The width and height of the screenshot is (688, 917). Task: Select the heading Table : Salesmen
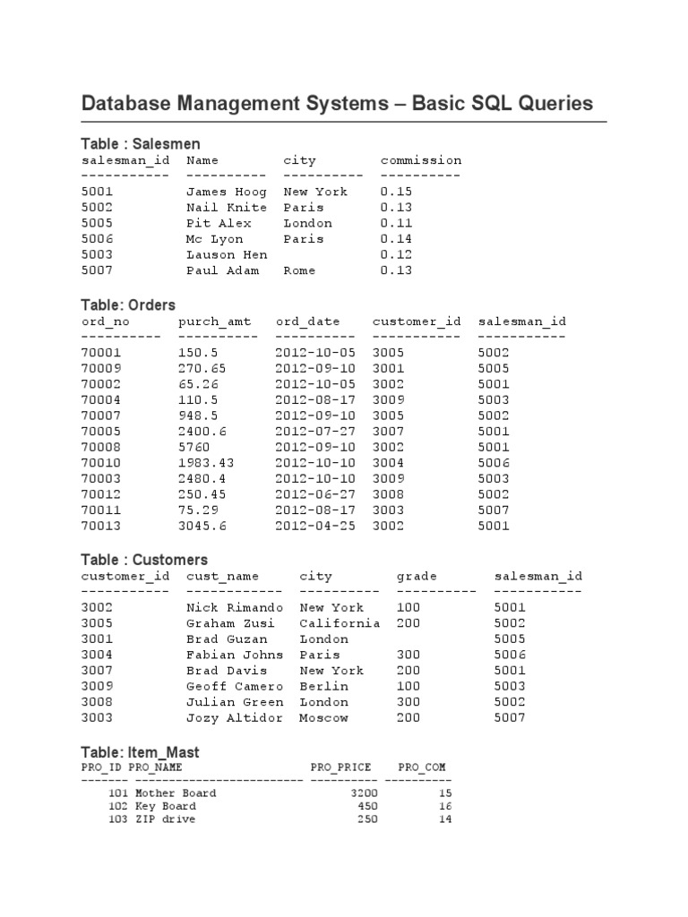(x=141, y=143)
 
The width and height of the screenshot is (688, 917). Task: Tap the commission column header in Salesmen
(x=421, y=160)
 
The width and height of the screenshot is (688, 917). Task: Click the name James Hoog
(x=227, y=192)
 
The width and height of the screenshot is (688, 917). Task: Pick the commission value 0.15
(x=396, y=192)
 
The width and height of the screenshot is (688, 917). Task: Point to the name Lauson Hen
(x=227, y=254)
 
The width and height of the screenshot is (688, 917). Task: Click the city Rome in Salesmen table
(x=299, y=270)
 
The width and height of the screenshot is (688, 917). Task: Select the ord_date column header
(x=315, y=321)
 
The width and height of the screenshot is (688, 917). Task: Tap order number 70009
(x=101, y=368)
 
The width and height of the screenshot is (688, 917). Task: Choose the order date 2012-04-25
(x=315, y=526)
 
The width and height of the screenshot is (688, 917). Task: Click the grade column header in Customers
(x=417, y=576)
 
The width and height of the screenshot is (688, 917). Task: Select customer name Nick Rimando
(x=235, y=607)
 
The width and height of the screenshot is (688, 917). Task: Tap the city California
(x=340, y=623)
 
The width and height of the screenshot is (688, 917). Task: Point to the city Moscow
(x=323, y=717)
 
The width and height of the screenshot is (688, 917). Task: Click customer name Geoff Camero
(x=235, y=686)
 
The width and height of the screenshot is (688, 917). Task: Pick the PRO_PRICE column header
(x=340, y=767)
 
